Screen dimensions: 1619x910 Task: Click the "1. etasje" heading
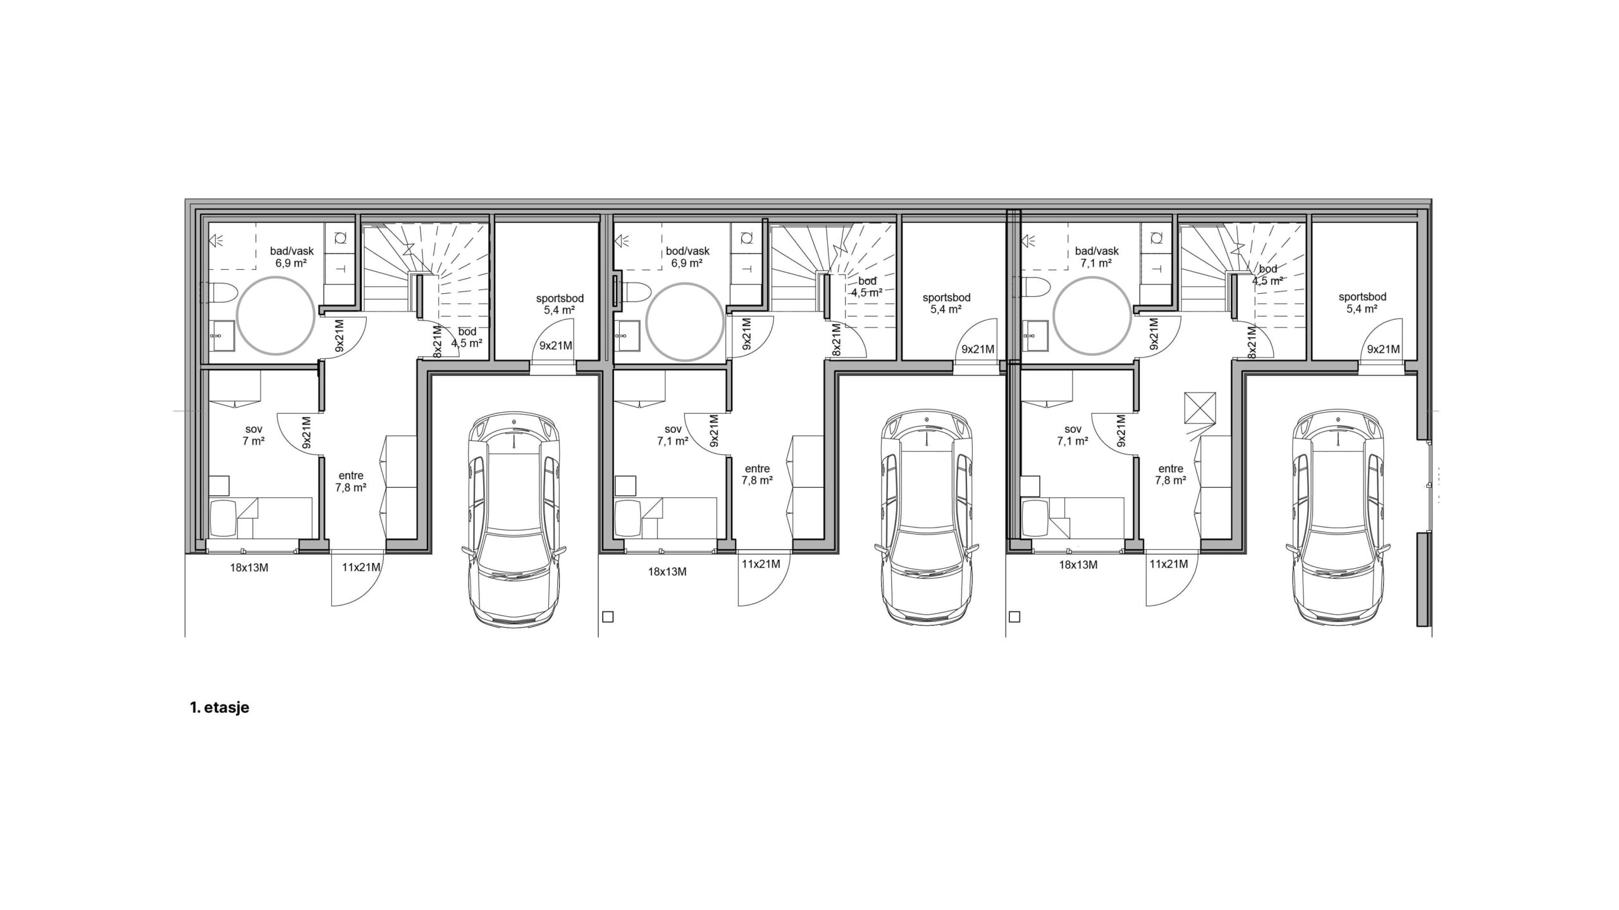coord(219,708)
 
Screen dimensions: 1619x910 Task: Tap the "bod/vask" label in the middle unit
coord(687,252)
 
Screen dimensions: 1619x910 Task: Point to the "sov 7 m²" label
coord(253,435)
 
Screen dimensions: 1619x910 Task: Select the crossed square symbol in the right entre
coord(1200,407)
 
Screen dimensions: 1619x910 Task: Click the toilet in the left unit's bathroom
coord(222,293)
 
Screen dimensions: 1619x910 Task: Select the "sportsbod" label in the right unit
coord(1362,296)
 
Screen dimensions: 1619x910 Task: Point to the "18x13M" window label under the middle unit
coord(667,571)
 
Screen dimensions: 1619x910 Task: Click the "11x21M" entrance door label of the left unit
coord(360,567)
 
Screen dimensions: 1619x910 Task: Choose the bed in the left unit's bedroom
coord(261,517)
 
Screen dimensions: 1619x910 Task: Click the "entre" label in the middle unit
coord(758,469)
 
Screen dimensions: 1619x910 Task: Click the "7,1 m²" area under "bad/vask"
coord(1097,263)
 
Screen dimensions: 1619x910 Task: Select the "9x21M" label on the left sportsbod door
coord(555,346)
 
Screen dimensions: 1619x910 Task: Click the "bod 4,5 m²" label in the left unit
coord(467,337)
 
